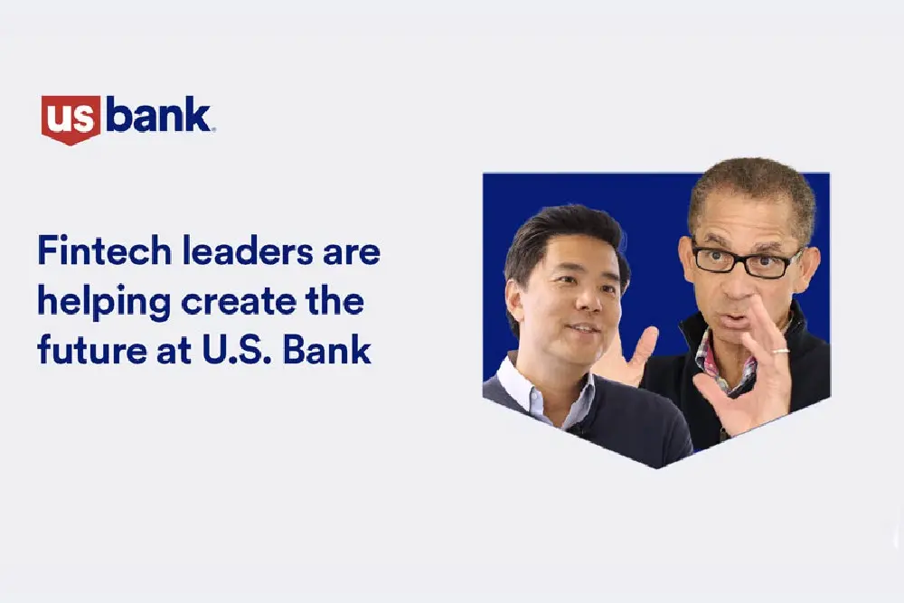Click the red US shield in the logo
coord(71,119)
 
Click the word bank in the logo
coord(158,115)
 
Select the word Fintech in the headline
coord(104,250)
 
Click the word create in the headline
coord(239,301)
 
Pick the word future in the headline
coord(91,349)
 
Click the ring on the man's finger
coord(780,350)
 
